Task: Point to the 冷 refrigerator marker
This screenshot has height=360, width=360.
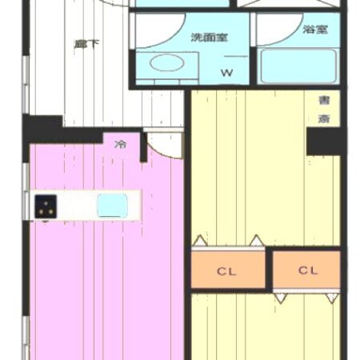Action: coord(121,144)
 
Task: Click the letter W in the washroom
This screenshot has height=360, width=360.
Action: coord(227,73)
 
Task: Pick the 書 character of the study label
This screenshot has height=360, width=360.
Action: coord(324,101)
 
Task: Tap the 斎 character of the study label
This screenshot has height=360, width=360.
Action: coord(324,118)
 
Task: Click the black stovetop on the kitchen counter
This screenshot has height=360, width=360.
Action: coord(44,207)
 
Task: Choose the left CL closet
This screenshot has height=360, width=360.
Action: coord(227,270)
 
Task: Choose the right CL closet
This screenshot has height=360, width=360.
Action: coord(308,270)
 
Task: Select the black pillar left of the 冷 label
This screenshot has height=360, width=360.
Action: coord(45,128)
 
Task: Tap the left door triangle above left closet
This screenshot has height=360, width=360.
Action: coord(198,240)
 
